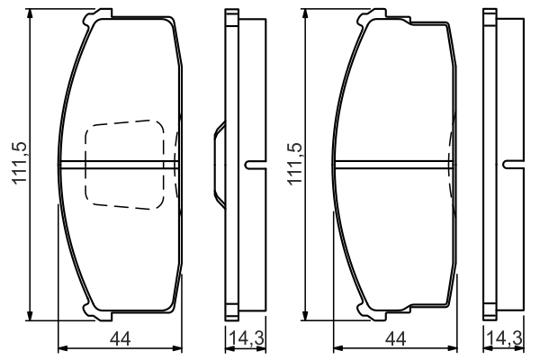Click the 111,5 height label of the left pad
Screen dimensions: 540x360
(20, 163)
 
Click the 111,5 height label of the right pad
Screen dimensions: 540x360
(295, 163)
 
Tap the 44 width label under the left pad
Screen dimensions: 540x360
(121, 339)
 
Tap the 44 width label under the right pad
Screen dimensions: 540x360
(396, 339)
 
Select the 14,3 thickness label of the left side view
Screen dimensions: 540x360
(247, 338)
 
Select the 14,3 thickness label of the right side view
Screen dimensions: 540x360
(505, 338)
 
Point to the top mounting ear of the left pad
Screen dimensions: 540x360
(97, 16)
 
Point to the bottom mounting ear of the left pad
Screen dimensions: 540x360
(97, 312)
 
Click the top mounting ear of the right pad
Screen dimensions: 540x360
(373, 16)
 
